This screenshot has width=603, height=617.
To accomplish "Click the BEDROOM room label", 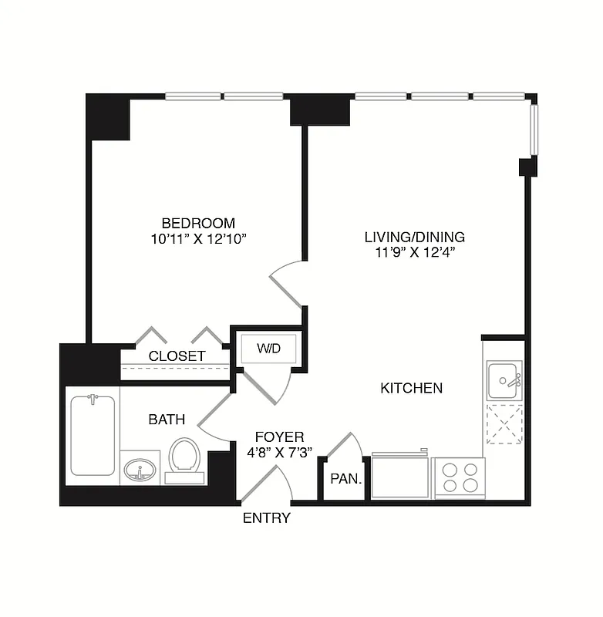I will click(x=194, y=223).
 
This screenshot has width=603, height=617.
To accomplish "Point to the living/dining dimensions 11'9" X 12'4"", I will click(x=415, y=252).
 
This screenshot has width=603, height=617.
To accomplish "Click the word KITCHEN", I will click(x=411, y=388).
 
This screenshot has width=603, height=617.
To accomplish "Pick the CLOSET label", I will click(x=177, y=356).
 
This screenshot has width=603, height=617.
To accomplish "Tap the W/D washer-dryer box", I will click(x=268, y=349).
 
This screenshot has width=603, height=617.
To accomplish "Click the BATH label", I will click(x=167, y=420).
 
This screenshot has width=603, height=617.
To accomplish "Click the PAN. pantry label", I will click(x=345, y=479).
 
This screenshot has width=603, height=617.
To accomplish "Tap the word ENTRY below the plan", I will click(x=266, y=518).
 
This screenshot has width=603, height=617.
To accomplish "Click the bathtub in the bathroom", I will click(x=93, y=435).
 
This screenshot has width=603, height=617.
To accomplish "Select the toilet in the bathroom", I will click(x=184, y=458).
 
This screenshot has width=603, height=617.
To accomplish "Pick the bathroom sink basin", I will click(x=140, y=470).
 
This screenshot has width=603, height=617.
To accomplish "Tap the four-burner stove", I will click(x=459, y=478).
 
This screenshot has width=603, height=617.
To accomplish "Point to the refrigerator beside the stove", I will click(x=399, y=477).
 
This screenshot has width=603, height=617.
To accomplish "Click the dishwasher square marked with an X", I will click(x=504, y=424).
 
